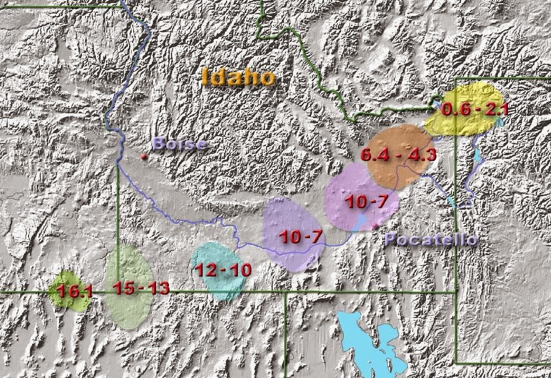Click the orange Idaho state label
tap(238, 77)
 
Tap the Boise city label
tap(179, 144)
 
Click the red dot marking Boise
tap(143, 156)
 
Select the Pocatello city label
tap(431, 240)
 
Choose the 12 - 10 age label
tap(223, 269)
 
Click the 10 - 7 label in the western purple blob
tap(300, 236)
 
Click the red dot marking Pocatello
tap(376, 224)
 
